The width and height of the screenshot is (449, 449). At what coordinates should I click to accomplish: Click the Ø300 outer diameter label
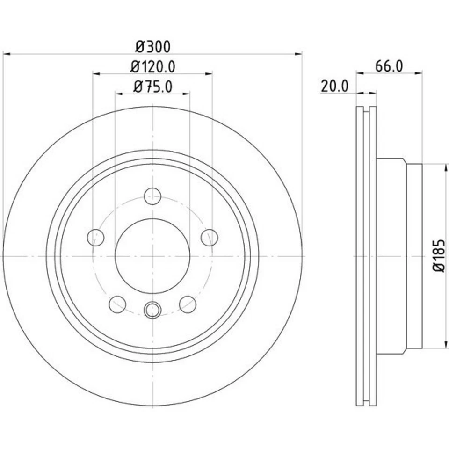(x=153, y=47)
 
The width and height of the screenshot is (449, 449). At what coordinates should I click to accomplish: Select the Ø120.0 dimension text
(x=153, y=67)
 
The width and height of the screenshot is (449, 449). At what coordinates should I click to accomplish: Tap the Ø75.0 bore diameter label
(x=153, y=87)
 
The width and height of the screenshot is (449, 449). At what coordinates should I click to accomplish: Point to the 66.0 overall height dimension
(x=389, y=66)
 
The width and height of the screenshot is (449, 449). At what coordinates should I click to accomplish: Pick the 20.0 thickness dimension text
(x=335, y=86)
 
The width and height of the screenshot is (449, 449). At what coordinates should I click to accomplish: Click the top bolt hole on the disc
(x=152, y=196)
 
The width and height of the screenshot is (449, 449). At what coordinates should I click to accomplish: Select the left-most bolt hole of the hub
(x=95, y=237)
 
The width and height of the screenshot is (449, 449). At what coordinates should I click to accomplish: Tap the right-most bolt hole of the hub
(x=210, y=237)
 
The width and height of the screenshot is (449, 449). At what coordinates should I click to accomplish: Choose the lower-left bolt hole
(x=117, y=304)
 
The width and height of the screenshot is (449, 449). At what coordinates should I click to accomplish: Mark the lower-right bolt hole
(x=188, y=304)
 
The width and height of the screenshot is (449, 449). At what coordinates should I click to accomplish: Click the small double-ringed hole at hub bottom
(x=152, y=310)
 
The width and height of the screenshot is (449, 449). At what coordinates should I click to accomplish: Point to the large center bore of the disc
(x=152, y=256)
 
